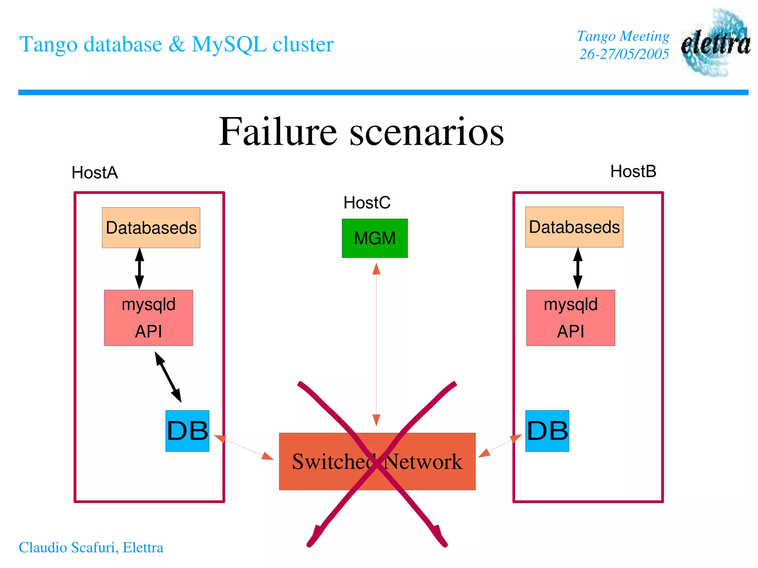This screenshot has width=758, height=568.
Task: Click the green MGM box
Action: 375,238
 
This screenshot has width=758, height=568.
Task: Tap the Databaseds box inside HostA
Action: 151,228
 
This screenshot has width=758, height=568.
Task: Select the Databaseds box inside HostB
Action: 574,227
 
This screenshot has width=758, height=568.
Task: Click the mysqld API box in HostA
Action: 148,318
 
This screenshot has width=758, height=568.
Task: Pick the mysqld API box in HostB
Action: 570,318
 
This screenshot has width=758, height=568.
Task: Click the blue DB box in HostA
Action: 187,431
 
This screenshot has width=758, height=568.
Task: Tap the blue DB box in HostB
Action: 547,431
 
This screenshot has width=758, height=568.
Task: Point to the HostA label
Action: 95,173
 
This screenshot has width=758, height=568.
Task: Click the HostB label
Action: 633,172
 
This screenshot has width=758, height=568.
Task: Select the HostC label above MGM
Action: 367,203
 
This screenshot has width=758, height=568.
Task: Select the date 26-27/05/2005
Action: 624,54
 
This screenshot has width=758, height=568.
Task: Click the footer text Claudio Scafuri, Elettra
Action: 91,548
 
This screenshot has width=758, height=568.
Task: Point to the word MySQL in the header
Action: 229,44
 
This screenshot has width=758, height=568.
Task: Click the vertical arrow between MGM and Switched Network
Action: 376,344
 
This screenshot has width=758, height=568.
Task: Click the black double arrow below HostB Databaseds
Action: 578,269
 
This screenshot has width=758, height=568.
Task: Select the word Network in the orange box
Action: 424,462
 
